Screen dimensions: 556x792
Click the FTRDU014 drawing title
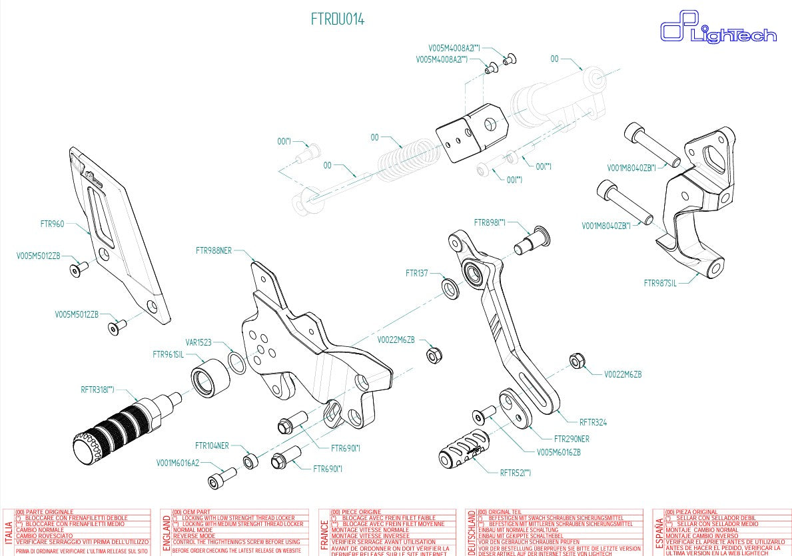tap(338, 19)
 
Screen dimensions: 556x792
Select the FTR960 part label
tap(52, 224)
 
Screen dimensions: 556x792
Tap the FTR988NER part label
tap(214, 251)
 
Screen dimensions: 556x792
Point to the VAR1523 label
tap(198, 342)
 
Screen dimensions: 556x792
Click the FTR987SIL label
tap(659, 283)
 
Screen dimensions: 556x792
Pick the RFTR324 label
tap(593, 422)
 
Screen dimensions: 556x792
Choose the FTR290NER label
tap(572, 439)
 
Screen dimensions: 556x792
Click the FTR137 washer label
tap(416, 273)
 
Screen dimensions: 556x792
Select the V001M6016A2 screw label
tap(178, 462)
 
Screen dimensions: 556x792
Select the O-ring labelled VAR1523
tap(237, 362)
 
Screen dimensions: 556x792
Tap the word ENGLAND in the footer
tap(167, 532)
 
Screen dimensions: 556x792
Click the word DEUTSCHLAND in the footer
tap(472, 532)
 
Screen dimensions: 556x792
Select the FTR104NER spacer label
tap(212, 445)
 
